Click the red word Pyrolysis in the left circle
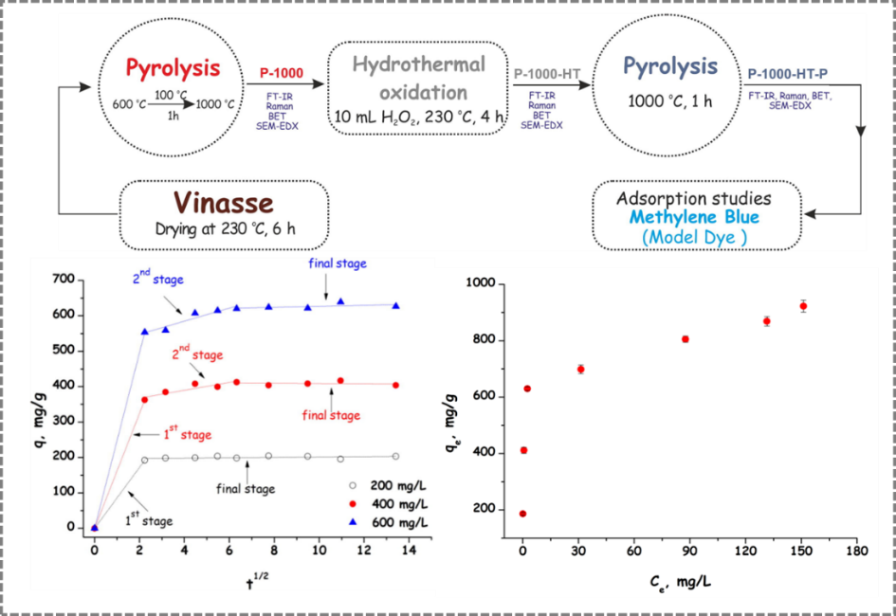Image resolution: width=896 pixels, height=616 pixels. tap(173, 68)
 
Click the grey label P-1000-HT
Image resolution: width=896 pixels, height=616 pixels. tap(547, 73)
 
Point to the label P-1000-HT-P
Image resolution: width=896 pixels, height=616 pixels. tap(795, 73)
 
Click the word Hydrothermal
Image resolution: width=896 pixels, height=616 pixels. tap(419, 65)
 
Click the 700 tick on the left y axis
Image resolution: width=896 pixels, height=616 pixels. tap(64, 280)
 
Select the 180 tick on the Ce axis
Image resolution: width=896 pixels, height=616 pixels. tap(856, 551)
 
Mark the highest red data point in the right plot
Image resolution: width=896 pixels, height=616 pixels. tap(803, 306)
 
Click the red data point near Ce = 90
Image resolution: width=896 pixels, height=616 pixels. tap(685, 339)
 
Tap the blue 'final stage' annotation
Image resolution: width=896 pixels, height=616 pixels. tap(337, 264)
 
